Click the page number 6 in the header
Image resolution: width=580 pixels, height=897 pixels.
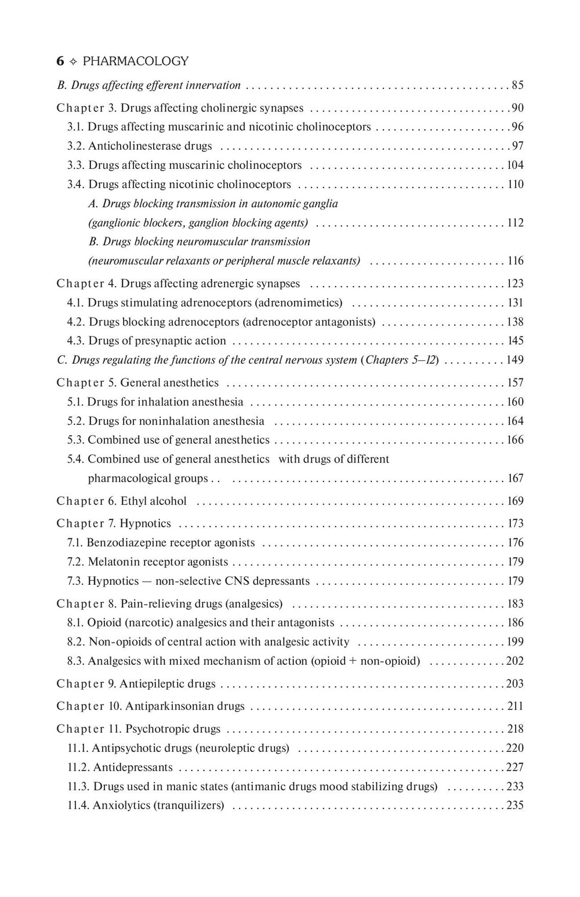coord(60,61)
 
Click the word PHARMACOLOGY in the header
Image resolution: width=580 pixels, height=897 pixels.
coord(136,61)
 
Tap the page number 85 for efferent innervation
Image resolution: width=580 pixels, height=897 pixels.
coord(517,85)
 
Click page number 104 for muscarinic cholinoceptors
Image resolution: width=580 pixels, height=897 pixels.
coord(515,165)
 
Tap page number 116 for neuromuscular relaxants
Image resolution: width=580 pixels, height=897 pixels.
coord(515,261)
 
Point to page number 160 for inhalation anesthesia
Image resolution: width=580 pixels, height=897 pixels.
coord(515,402)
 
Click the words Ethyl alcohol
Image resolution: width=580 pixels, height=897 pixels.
coord(154,501)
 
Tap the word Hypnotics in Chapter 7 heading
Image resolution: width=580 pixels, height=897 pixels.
coord(145,524)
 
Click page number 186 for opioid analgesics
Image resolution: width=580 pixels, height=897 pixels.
coord(515,623)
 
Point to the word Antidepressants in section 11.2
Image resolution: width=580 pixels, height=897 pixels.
coord(133,768)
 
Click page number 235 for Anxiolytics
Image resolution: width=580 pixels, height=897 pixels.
coord(515,806)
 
